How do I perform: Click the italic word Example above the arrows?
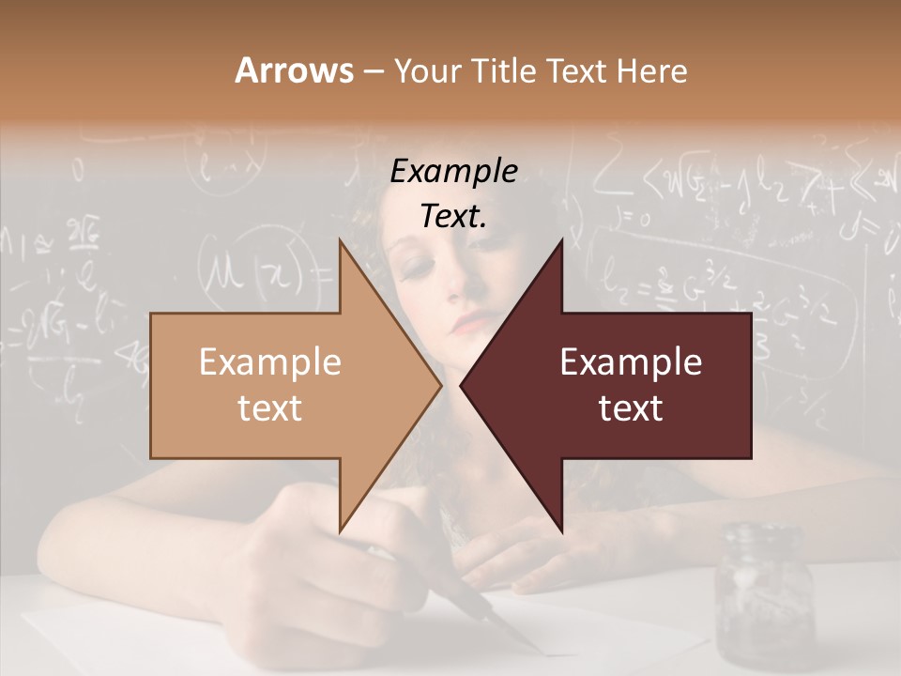click(x=454, y=172)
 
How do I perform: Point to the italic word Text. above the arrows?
click(x=454, y=217)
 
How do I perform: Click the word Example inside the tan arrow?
click(x=270, y=361)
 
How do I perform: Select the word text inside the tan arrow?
click(x=270, y=408)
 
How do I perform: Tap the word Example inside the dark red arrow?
click(x=631, y=361)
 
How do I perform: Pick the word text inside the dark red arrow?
click(x=631, y=408)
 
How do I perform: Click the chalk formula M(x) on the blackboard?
click(x=250, y=272)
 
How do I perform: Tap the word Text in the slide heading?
click(x=577, y=70)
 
